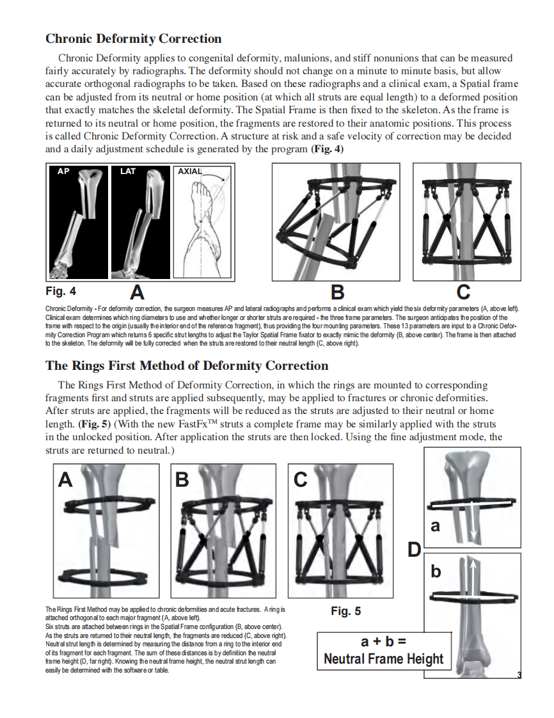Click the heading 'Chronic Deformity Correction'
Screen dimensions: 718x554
point(134,39)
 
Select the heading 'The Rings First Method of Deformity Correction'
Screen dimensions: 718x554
point(187,366)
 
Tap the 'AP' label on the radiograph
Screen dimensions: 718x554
point(63,172)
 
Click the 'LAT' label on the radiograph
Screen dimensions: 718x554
point(128,172)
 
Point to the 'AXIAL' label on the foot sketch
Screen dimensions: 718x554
point(189,172)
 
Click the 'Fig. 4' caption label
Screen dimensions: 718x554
point(61,292)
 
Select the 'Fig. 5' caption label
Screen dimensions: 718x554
point(345,611)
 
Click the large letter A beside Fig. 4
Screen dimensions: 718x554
point(137,293)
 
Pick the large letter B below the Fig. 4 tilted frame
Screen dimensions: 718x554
point(336,293)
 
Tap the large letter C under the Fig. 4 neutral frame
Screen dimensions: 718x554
point(464,293)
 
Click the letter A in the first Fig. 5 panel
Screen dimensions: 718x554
point(65,479)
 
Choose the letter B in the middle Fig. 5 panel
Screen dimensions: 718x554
point(182,479)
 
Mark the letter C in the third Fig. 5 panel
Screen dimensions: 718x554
point(301,479)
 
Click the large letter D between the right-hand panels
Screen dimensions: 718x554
point(415,550)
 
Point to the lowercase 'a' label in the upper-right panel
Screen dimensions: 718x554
point(436,526)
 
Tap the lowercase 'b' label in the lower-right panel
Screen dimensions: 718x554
point(436,571)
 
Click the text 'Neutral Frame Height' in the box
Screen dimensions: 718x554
point(384,658)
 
